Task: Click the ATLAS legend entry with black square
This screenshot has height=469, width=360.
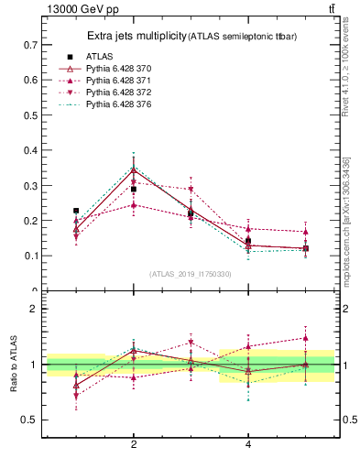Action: pos(102,57)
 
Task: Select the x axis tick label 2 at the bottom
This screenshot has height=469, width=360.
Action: pos(134,444)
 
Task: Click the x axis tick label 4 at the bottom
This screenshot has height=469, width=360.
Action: pos(248,444)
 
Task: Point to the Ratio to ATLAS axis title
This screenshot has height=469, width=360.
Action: pos(13,365)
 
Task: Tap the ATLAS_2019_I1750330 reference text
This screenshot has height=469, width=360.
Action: pos(191,274)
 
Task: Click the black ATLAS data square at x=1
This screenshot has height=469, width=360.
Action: pos(76,211)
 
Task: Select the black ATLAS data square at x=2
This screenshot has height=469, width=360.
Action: pos(134,190)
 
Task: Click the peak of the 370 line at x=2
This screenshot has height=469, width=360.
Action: pos(134,170)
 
